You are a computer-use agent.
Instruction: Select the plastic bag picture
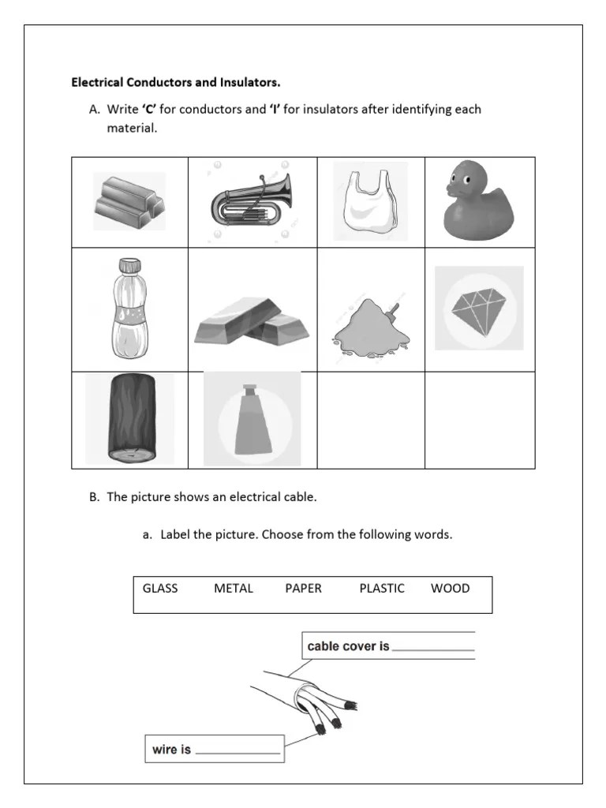[369, 203]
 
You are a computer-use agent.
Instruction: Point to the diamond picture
[479, 309]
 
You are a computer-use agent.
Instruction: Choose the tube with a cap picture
[251, 420]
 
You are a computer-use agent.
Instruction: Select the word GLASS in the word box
[160, 589]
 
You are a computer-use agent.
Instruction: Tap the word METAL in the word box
[234, 589]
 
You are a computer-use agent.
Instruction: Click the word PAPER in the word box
[304, 589]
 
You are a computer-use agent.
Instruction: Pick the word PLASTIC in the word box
[382, 589]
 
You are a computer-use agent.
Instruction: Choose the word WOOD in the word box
[451, 589]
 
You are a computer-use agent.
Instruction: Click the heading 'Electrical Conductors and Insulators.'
[176, 82]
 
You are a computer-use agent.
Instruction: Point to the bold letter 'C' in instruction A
[149, 110]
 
